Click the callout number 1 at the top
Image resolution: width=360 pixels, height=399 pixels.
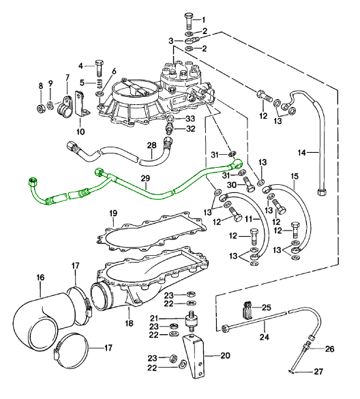point(204,20)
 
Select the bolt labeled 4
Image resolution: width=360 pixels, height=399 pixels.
point(99,68)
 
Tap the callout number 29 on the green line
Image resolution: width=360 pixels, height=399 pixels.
point(145,179)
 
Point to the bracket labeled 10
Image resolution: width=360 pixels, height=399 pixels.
point(81,104)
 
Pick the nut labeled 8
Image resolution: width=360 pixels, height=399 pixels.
point(40,108)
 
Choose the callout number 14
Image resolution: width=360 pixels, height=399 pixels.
point(302,153)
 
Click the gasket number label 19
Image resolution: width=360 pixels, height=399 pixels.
point(113,213)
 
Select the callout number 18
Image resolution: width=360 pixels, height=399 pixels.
point(130,323)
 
